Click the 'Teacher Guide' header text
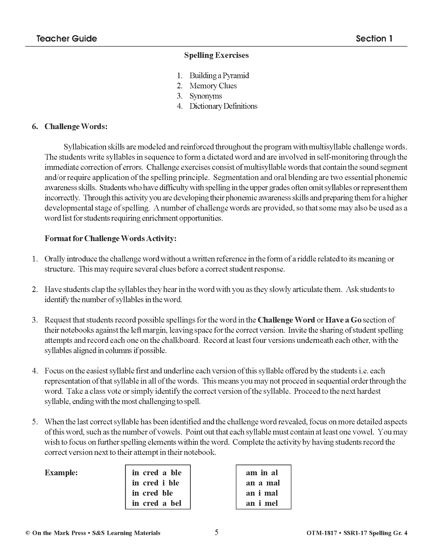66,39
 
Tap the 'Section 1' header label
374,39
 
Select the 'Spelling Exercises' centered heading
216,55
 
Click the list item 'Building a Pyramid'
219,76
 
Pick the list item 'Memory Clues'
213,86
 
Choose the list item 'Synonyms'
206,96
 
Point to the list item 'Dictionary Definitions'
223,106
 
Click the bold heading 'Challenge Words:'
76,127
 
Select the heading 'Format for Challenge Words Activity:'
110,239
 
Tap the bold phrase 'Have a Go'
343,320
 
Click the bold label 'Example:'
61,473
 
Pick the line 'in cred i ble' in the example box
155,483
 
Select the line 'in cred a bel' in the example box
156,503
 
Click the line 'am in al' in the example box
262,473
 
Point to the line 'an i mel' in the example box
262,503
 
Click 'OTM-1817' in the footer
321,533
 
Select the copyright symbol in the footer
28,533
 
